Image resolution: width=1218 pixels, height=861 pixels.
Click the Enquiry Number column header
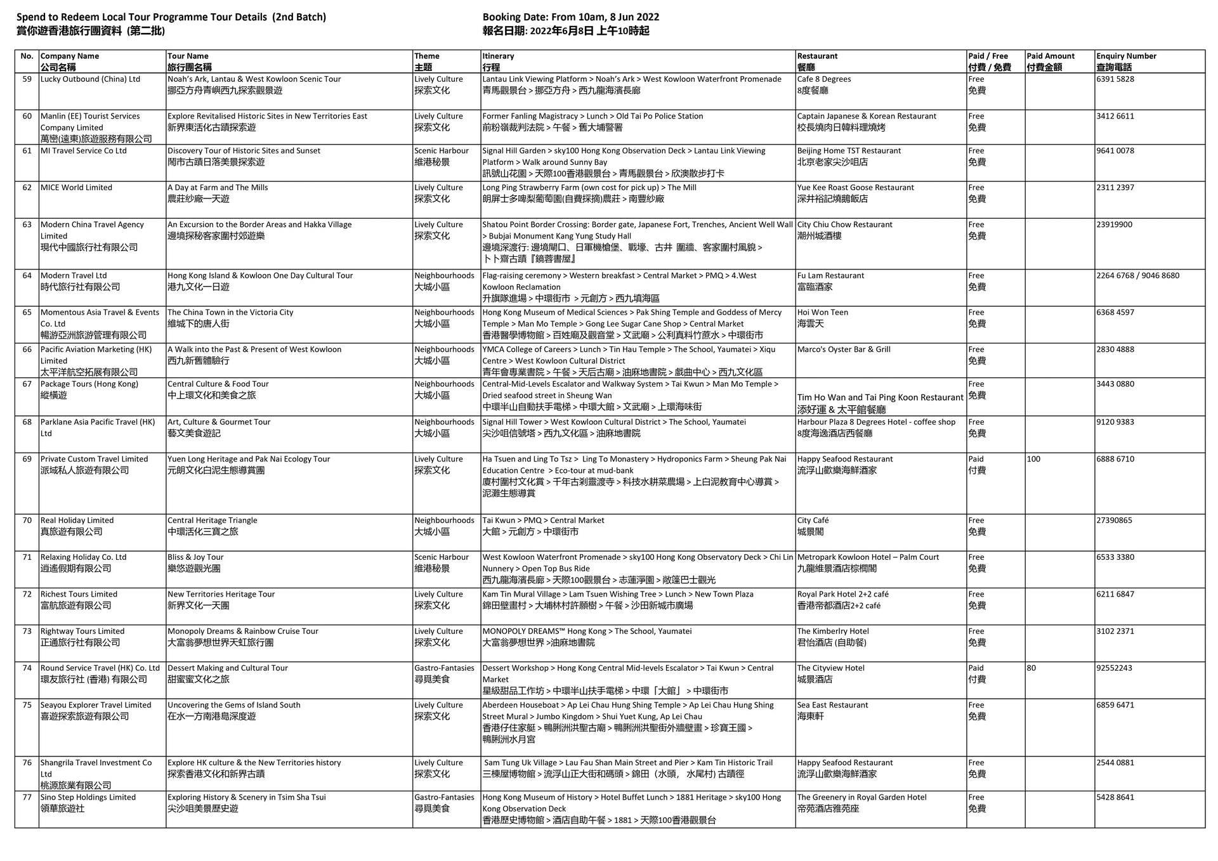click(x=1126, y=56)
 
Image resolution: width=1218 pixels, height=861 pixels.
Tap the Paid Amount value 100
click(x=1033, y=459)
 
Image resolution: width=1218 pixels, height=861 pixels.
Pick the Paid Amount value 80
click(x=1031, y=668)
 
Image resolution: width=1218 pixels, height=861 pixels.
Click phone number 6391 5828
click(x=1115, y=79)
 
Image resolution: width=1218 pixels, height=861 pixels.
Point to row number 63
click(x=27, y=224)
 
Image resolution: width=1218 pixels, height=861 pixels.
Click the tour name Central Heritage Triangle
click(x=212, y=521)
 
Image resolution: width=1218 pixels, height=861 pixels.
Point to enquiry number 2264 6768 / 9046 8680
click(x=1137, y=276)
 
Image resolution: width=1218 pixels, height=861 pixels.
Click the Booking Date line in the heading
click(x=570, y=17)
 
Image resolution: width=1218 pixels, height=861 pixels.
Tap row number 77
click(x=27, y=798)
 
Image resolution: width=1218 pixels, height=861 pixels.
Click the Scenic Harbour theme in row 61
click(x=441, y=151)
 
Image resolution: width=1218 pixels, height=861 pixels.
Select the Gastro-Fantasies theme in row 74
click(x=444, y=668)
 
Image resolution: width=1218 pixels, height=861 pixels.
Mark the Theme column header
click(x=426, y=56)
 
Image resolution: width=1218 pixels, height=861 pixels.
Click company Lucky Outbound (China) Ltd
click(x=90, y=79)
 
